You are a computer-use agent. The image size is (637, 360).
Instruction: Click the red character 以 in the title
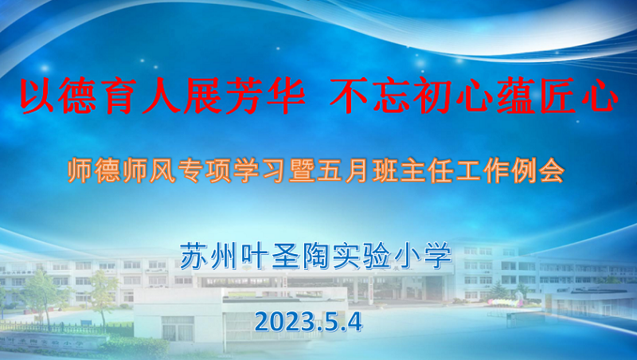click(37, 96)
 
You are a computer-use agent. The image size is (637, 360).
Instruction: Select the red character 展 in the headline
click(202, 96)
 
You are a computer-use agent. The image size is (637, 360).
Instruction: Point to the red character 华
click(287, 96)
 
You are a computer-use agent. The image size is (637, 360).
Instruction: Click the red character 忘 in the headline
click(391, 96)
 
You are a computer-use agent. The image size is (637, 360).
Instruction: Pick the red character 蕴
click(515, 96)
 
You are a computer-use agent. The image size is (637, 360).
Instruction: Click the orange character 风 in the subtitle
click(162, 170)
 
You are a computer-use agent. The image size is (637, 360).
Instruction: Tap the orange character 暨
click(302, 170)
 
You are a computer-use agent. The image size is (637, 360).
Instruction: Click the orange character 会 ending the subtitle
click(552, 170)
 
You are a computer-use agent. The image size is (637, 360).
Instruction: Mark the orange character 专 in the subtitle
click(190, 170)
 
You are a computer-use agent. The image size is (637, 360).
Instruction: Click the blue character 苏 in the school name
click(194, 256)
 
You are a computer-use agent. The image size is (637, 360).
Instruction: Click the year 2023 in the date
click(285, 323)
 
